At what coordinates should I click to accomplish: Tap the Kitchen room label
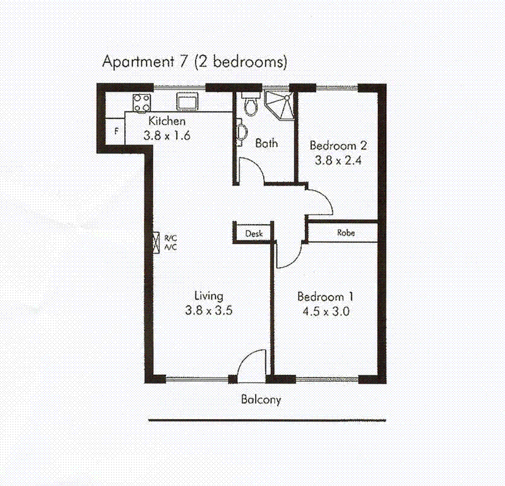(x=167, y=121)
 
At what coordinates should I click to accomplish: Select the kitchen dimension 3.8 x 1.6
(x=167, y=135)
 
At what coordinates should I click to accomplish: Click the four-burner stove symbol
(x=141, y=102)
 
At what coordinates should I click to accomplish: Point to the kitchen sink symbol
(x=187, y=101)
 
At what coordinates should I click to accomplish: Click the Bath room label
(x=266, y=143)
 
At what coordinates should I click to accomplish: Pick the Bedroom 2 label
(x=338, y=146)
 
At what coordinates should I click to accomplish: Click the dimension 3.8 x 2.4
(x=338, y=160)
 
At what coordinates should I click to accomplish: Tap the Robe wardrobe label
(x=345, y=233)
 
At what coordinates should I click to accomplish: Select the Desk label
(x=253, y=233)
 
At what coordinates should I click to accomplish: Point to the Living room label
(x=208, y=296)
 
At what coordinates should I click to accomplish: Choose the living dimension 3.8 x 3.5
(x=208, y=310)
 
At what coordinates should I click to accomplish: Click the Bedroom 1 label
(x=325, y=296)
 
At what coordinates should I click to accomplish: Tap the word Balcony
(x=261, y=399)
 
